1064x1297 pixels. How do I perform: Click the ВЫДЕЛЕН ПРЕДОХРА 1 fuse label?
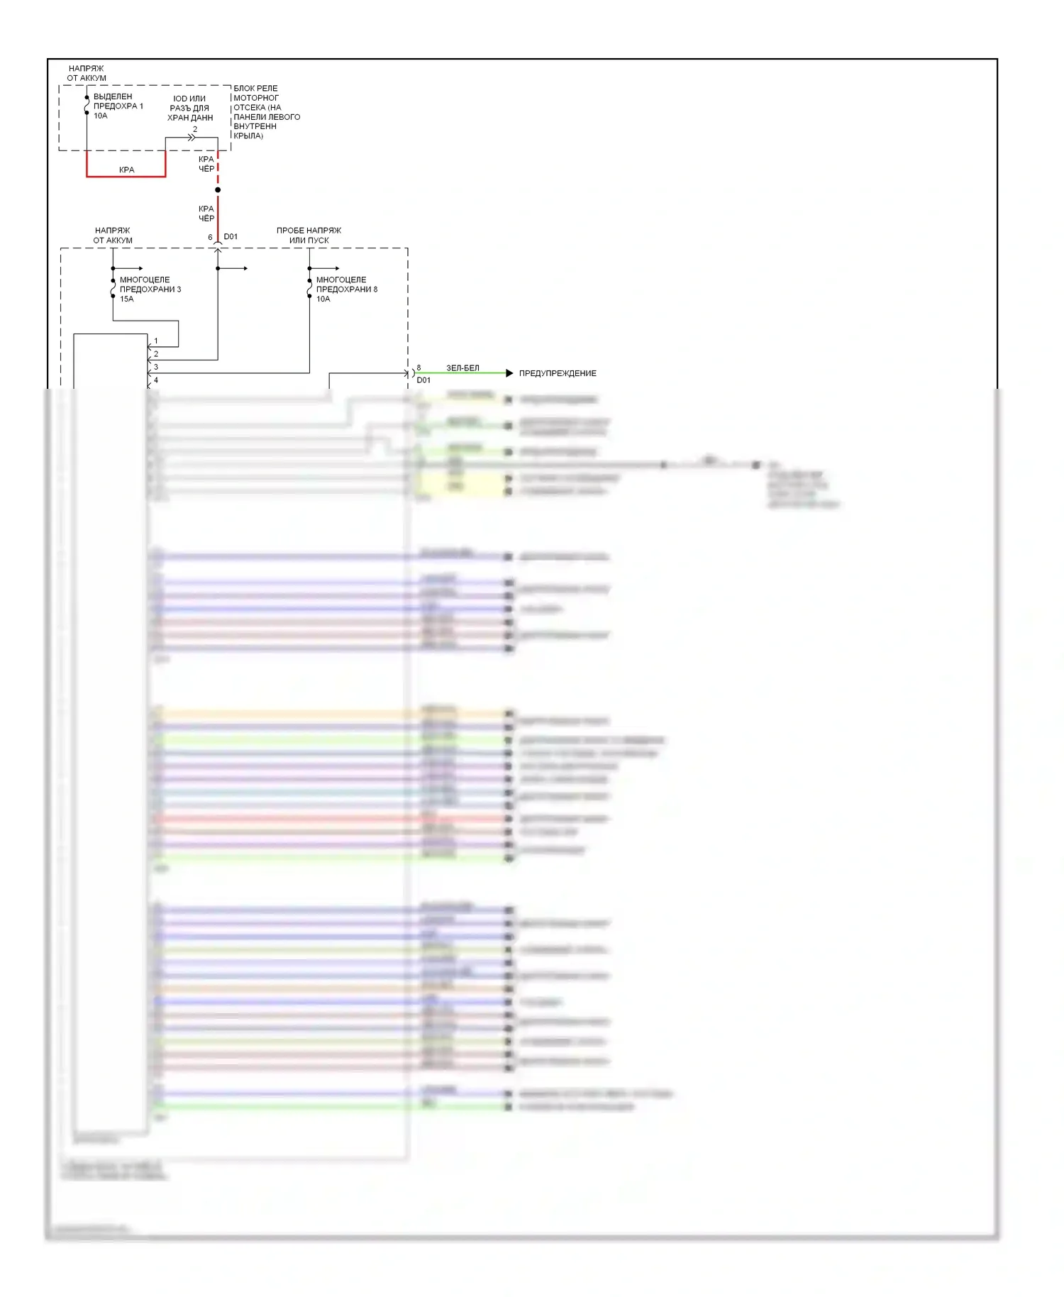[118, 106]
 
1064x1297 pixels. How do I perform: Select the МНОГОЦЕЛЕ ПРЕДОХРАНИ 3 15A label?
[150, 289]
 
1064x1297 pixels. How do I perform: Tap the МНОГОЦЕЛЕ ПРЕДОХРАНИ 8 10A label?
[346, 289]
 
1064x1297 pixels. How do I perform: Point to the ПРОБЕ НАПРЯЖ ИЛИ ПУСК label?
[309, 236]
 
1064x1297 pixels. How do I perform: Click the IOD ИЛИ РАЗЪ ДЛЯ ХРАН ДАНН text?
[189, 109]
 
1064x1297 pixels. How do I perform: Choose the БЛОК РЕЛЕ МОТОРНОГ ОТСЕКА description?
[266, 112]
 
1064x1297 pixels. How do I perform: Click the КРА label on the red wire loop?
[126, 170]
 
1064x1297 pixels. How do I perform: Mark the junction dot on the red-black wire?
[218, 190]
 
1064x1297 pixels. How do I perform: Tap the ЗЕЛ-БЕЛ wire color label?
[462, 368]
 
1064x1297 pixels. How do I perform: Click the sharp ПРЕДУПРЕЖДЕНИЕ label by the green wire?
[558, 373]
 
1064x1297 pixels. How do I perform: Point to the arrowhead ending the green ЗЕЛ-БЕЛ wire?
[509, 373]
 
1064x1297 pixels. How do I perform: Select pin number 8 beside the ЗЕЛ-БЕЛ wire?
[419, 368]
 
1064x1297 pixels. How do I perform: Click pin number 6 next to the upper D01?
[210, 237]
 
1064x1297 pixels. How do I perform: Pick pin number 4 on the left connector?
[156, 380]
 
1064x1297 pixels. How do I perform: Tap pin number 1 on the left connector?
[156, 341]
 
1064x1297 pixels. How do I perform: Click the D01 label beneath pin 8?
[423, 380]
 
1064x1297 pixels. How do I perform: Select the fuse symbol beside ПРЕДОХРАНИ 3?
[113, 288]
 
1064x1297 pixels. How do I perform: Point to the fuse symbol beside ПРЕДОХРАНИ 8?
[309, 288]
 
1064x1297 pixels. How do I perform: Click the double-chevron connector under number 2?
[192, 138]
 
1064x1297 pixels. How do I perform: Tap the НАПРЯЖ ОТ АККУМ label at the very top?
[87, 73]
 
